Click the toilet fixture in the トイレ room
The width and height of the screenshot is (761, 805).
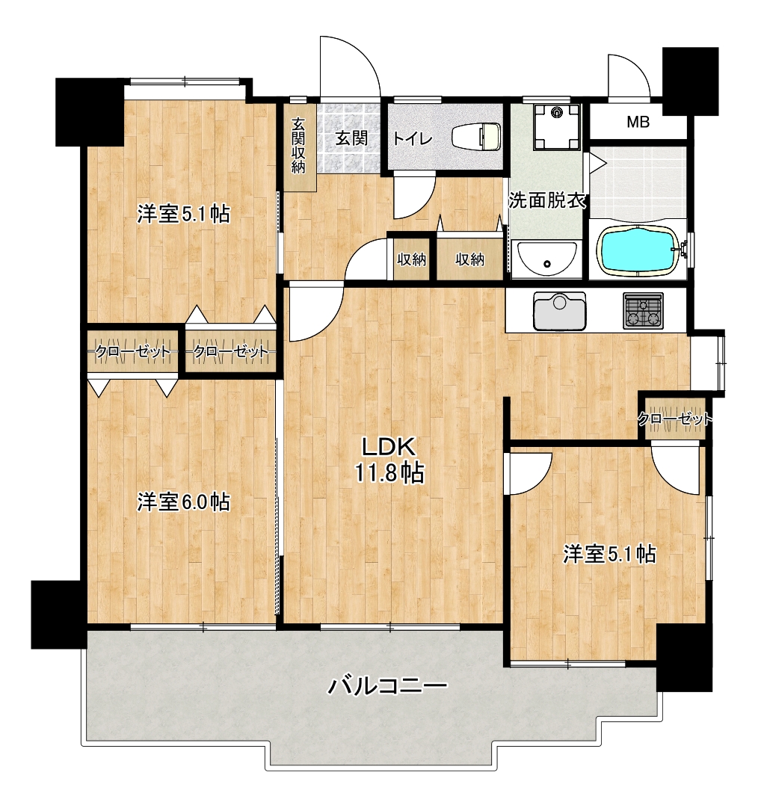pos(476,138)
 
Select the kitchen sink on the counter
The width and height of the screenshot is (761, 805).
pos(560,311)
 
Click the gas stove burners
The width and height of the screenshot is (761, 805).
pos(643,311)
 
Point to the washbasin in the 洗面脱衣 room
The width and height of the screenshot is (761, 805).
pos(547,259)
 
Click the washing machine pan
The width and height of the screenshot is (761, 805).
pos(557,126)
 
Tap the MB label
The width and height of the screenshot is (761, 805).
pos(638,122)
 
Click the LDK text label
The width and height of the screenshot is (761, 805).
pos(389,448)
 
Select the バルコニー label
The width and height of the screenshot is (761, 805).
pos(388,686)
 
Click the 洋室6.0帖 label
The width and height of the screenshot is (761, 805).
pos(183,502)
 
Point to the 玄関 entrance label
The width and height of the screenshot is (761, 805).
pos(351,138)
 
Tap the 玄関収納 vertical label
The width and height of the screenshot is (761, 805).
pos(298,145)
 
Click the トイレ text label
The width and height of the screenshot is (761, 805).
pos(413,138)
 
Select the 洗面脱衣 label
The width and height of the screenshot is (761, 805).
pos(547,200)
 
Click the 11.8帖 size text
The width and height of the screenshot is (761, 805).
pos(389,472)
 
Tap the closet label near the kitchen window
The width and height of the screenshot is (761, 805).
pos(675,419)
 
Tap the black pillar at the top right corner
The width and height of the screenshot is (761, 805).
pos(691,81)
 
